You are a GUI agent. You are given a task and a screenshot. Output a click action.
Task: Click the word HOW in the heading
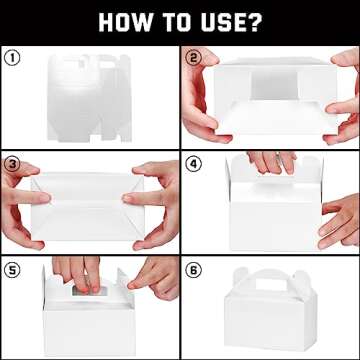click(x=126, y=22)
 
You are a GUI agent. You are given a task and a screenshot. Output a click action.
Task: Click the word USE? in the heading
click(x=229, y=22)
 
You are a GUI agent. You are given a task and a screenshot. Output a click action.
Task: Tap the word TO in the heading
click(x=175, y=22)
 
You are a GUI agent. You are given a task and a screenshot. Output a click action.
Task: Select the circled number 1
click(x=12, y=59)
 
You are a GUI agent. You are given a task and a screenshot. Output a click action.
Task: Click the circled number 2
click(x=193, y=58)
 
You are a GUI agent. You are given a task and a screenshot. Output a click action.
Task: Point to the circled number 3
click(x=12, y=165)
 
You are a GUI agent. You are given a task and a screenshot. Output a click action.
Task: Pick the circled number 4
click(x=193, y=164)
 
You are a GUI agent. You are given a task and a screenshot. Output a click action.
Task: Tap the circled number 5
click(x=12, y=270)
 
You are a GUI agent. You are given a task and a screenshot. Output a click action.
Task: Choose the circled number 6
click(x=193, y=270)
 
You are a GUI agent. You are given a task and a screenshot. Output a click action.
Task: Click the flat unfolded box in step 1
click(x=89, y=98)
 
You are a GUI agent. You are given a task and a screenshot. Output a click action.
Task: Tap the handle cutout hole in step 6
click(x=270, y=285)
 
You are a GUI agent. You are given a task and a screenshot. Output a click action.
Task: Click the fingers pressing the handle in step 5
click(x=77, y=273)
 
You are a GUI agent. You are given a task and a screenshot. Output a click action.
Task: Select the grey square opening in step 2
click(x=274, y=86)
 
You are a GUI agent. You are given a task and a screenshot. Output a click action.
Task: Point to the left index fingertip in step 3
click(x=46, y=198)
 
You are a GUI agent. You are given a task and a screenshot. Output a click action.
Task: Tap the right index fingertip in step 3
click(x=127, y=199)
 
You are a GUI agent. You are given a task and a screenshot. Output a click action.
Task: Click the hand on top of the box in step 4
click(x=271, y=162)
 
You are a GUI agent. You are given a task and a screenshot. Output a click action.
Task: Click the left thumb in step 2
click(x=203, y=59)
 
